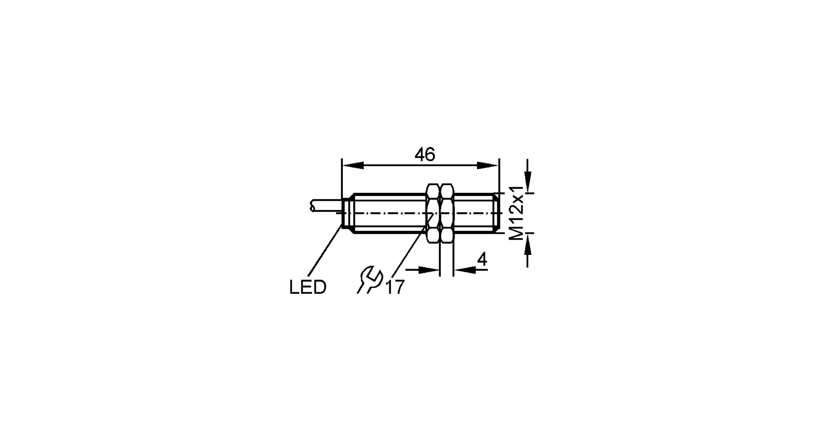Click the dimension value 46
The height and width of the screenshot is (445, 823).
(425, 155)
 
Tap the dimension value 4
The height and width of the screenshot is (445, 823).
(482, 260)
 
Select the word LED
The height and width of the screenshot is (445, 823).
(308, 287)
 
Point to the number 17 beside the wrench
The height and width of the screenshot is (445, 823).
(395, 287)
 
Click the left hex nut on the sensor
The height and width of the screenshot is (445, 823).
(433, 213)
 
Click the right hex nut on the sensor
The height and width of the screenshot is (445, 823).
(446, 213)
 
